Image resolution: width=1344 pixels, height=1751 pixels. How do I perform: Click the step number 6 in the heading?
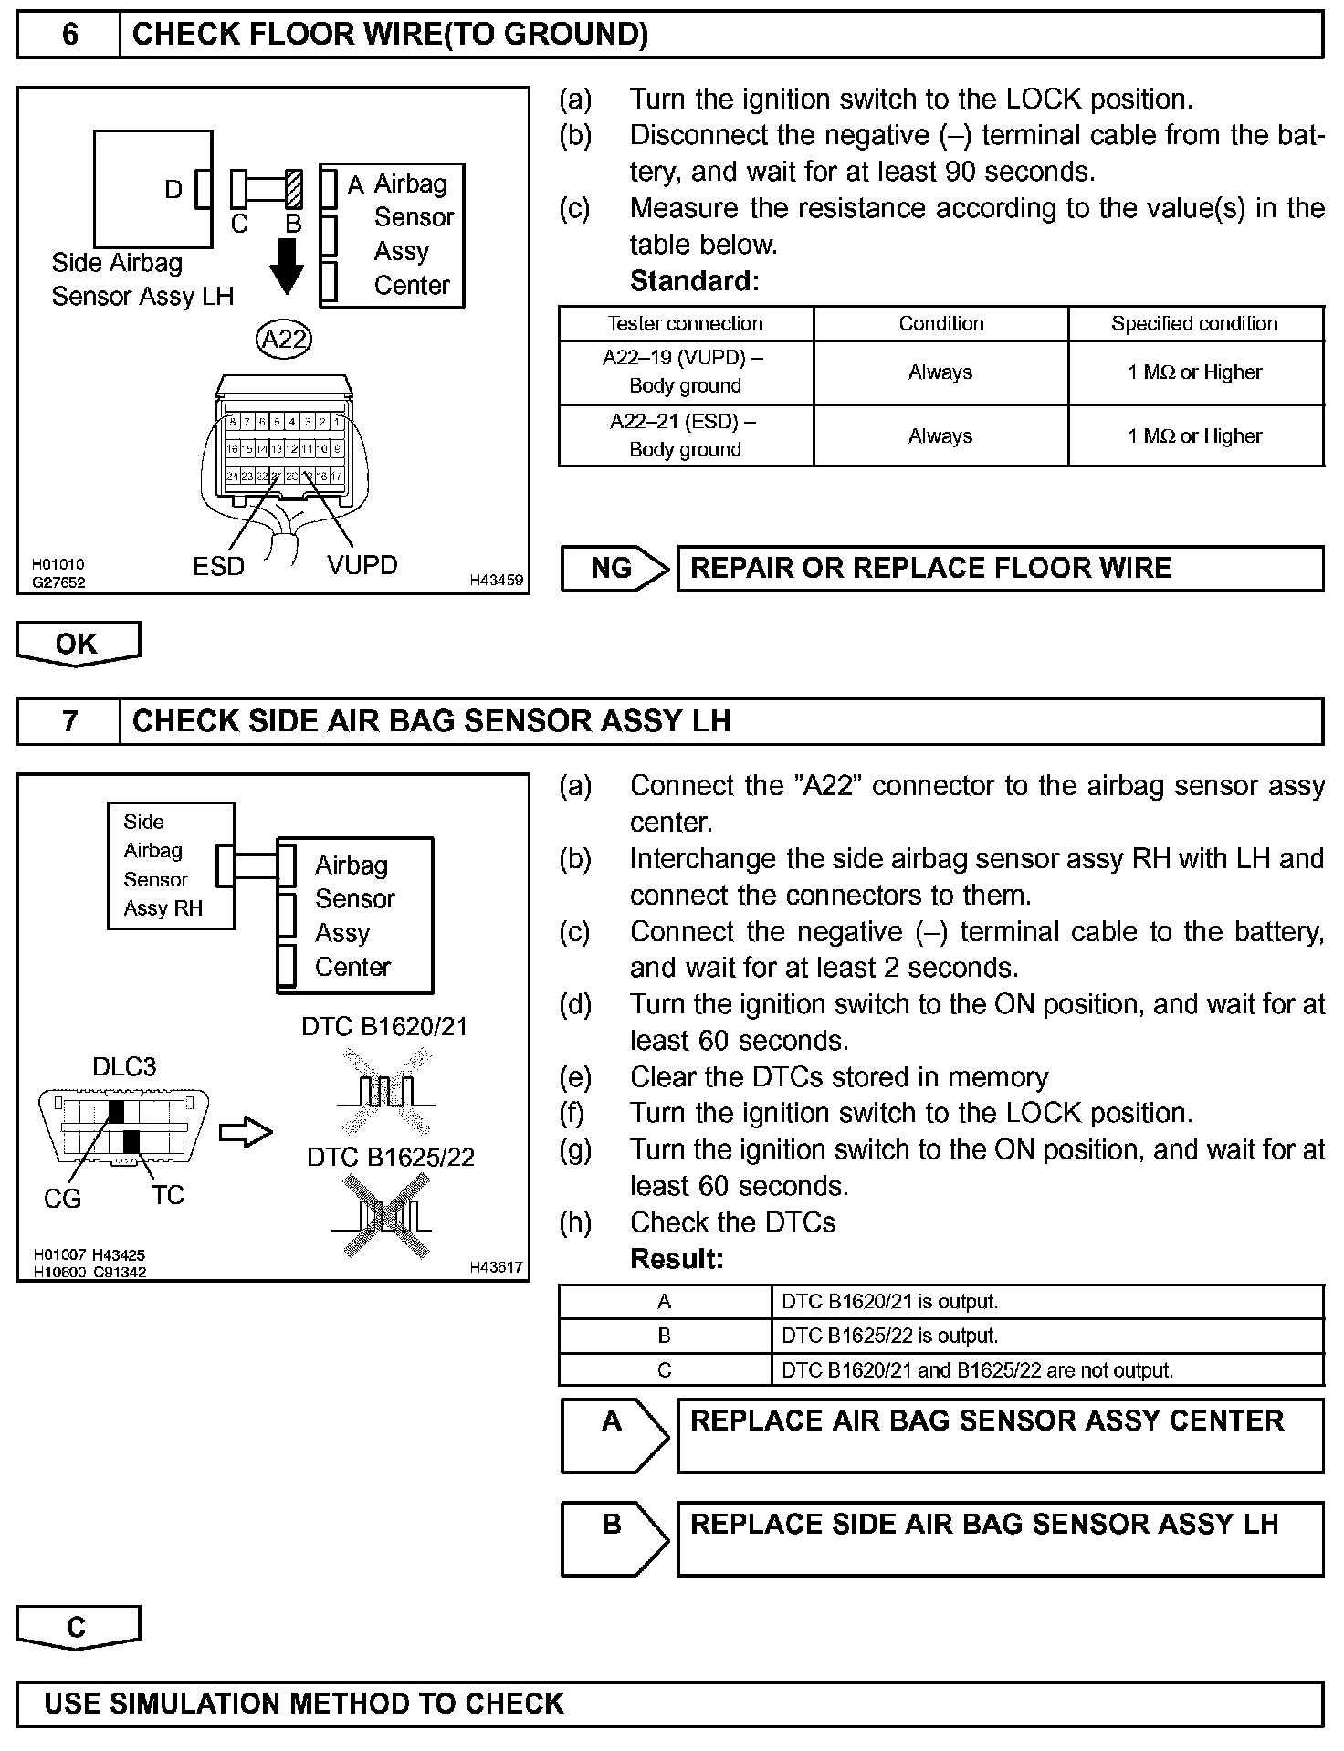tap(69, 35)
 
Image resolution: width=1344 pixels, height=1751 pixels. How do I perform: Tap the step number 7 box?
tap(69, 721)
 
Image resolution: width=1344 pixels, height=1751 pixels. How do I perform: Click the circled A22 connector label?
tap(284, 340)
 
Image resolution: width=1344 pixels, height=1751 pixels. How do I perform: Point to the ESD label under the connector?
tap(219, 567)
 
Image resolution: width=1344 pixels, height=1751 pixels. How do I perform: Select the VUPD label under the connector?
tap(362, 565)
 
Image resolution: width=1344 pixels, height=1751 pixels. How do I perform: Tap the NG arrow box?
tap(614, 569)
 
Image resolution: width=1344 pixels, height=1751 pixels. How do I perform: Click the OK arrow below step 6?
tap(78, 644)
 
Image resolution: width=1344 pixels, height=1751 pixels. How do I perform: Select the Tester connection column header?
tap(685, 323)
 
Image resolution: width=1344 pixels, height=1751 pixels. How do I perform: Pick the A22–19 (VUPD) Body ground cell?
tap(685, 372)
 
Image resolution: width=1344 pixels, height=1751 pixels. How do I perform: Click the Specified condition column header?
tap(1194, 323)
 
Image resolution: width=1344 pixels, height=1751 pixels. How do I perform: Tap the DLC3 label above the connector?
tap(124, 1066)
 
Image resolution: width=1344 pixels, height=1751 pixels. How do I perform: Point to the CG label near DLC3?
tap(62, 1199)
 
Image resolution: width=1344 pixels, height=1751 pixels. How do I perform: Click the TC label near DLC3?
tap(168, 1195)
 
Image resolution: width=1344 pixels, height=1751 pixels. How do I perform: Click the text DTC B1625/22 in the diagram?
tap(391, 1158)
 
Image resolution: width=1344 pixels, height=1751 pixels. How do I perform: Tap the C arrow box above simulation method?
tap(78, 1628)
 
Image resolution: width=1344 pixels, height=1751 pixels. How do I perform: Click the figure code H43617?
tap(496, 1267)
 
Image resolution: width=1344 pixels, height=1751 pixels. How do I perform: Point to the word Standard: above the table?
tap(694, 281)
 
